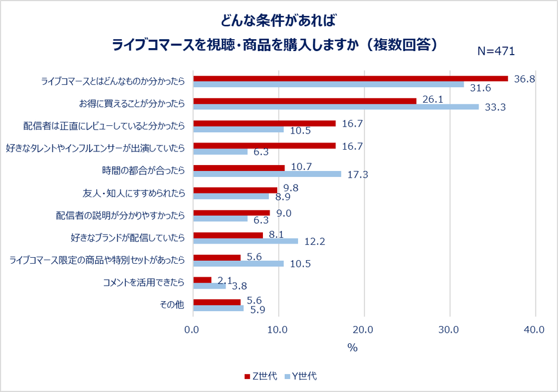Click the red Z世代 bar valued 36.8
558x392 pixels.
pyautogui.click(x=350, y=78)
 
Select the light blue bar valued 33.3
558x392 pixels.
pyautogui.click(x=336, y=107)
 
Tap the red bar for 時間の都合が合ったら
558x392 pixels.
pyautogui.click(x=239, y=167)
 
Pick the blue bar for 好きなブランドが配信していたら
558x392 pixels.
pyautogui.click(x=246, y=241)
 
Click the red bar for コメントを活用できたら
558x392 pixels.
pyautogui.click(x=202, y=279)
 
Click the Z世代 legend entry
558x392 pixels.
pyautogui.click(x=261, y=376)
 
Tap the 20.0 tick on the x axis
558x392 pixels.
pyautogui.click(x=363, y=330)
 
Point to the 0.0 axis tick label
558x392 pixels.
pyautogui.click(x=193, y=330)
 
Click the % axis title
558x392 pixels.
pyautogui.click(x=353, y=348)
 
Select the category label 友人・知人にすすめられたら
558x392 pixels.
pyautogui.click(x=134, y=193)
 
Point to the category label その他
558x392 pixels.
pyautogui.click(x=172, y=305)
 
